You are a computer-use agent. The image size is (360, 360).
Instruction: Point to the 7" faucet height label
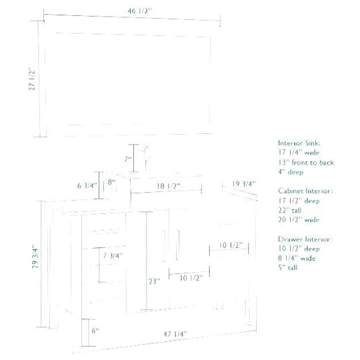[127, 159]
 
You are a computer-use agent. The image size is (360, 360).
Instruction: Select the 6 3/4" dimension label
[87, 185]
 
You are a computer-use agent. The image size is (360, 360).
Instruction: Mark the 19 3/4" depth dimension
[244, 184]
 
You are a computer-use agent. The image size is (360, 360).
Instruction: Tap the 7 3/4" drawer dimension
[112, 256]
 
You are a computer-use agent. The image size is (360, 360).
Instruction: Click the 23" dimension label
[154, 281]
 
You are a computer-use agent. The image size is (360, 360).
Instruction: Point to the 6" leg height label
[95, 331]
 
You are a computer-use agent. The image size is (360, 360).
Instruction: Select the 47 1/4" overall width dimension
[173, 333]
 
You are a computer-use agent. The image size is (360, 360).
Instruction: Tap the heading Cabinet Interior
[305, 191]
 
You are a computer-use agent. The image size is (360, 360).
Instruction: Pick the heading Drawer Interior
[305, 239]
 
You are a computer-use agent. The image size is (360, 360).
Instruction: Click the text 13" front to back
[306, 162]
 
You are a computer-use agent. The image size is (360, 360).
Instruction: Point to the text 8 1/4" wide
[297, 258]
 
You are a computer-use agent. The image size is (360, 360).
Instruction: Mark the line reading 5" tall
[288, 267]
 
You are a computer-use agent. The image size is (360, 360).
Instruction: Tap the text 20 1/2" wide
[299, 219]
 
